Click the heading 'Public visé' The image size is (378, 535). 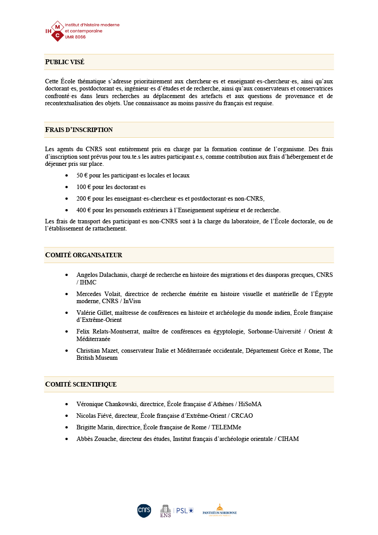(x=65, y=62)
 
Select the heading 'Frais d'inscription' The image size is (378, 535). (x=79, y=130)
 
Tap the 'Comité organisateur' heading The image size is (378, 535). (x=84, y=255)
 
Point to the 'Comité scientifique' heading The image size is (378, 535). (x=81, y=384)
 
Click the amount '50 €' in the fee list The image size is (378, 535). (x=82, y=176)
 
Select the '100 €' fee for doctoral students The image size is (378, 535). (x=83, y=187)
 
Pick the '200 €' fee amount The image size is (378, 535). (x=83, y=199)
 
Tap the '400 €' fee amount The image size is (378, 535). (x=83, y=210)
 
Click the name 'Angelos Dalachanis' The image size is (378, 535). (x=102, y=275)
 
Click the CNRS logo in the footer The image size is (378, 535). (x=144, y=510)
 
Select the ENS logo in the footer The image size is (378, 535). (x=166, y=511)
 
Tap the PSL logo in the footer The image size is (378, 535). (x=184, y=510)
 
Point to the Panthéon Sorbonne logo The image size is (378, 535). (x=219, y=510)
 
